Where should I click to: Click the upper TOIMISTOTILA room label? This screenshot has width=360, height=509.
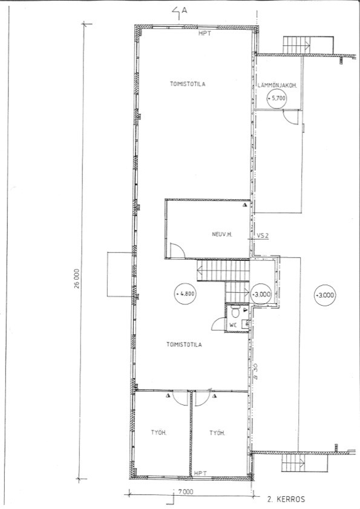188,84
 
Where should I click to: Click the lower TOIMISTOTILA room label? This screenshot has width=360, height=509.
184,344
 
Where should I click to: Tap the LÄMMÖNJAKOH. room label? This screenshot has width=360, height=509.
278,86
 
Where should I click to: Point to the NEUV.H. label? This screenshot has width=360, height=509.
220,234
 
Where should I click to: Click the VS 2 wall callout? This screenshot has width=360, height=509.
263,236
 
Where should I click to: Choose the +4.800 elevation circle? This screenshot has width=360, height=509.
185,294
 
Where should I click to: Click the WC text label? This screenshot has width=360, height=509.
233,324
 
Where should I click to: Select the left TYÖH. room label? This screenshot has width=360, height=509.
159,433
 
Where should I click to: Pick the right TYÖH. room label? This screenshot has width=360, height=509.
217,433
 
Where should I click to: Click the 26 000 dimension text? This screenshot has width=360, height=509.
76,278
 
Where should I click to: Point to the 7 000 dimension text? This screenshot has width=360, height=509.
186,492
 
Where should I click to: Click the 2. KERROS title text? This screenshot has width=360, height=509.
286,499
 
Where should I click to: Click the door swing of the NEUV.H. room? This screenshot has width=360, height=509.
181,247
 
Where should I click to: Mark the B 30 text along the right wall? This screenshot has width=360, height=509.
255,372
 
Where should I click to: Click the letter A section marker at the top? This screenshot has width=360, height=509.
185,10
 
